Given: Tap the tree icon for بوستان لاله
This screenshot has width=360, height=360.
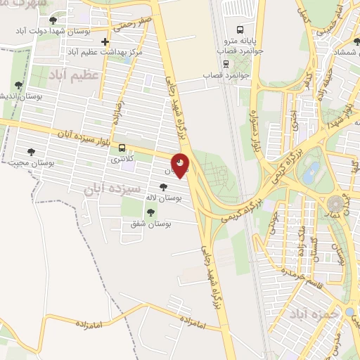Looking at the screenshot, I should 164,187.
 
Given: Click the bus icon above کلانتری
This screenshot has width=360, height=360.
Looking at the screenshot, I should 123,148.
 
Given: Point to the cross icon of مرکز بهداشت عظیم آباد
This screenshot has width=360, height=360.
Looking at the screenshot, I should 105,43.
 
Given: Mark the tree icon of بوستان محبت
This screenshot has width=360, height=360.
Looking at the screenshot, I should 30,151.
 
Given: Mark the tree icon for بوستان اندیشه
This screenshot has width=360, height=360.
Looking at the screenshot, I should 18,85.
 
